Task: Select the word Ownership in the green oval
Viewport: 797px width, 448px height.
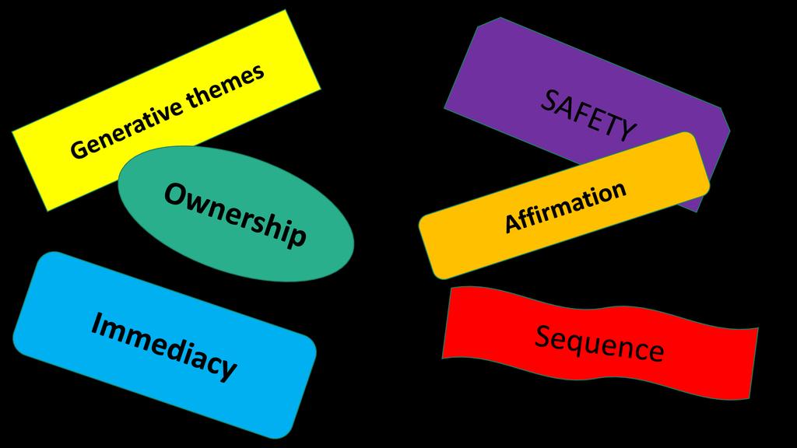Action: tap(235, 215)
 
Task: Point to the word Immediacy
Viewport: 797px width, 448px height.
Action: tap(163, 345)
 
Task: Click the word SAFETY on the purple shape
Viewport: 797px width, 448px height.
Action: tap(588, 115)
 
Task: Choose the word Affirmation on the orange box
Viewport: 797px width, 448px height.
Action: tap(565, 206)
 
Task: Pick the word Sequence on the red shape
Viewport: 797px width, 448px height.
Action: tap(599, 343)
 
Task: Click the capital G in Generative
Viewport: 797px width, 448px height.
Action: tap(79, 149)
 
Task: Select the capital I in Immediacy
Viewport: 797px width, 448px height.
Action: tap(96, 323)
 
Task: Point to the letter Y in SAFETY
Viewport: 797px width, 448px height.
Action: tap(627, 130)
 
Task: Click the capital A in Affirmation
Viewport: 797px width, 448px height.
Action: tap(513, 222)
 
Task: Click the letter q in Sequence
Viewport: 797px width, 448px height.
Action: tap(583, 347)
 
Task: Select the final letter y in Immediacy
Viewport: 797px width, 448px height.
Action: tap(228, 369)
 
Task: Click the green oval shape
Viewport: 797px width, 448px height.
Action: tap(236, 214)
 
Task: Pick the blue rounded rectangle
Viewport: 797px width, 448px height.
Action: tap(164, 345)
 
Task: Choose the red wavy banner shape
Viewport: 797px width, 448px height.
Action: tap(600, 343)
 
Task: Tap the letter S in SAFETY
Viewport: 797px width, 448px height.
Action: tap(549, 100)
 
